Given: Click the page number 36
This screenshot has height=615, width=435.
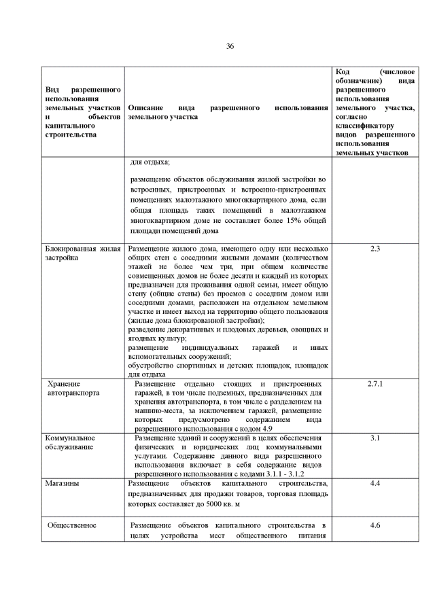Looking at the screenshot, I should pos(230,46).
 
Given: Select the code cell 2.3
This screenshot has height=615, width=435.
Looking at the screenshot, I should pos(375,249).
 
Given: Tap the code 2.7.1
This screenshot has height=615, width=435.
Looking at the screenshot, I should pos(375,384).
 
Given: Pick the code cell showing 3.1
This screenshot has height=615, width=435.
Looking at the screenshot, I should pos(375,438).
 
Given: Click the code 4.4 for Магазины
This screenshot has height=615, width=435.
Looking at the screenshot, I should pos(375,483).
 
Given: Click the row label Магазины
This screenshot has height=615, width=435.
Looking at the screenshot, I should pos(60,483).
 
